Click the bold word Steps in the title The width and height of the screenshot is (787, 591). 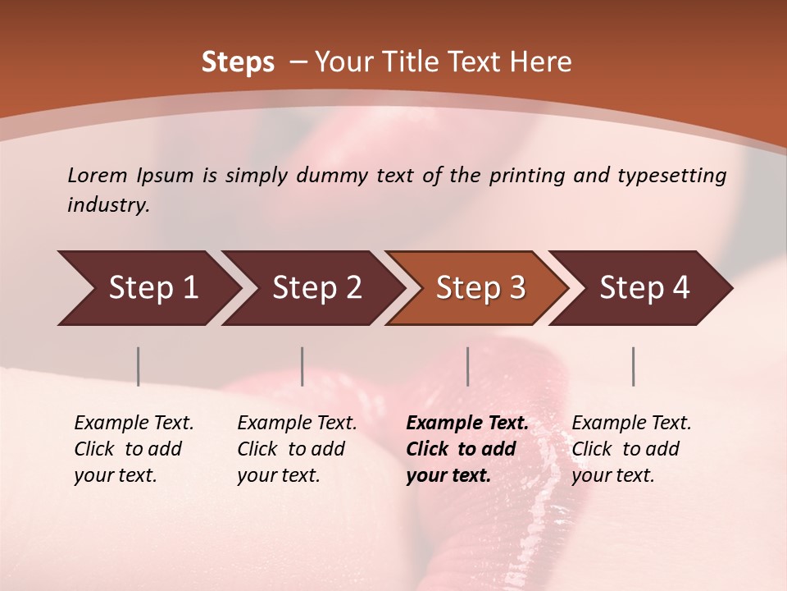238,62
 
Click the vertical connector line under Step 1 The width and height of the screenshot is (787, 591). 139,366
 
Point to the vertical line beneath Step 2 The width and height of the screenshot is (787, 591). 303,366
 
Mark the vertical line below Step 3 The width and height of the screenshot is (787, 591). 468,366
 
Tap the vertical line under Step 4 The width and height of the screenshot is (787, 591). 634,366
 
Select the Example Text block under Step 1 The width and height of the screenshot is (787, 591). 134,449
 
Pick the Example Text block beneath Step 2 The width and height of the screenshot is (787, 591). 297,449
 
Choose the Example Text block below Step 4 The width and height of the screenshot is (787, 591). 631,449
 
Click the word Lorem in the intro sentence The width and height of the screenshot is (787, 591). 98,176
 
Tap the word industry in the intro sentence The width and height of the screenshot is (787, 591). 107,205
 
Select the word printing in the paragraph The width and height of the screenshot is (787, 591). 527,176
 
